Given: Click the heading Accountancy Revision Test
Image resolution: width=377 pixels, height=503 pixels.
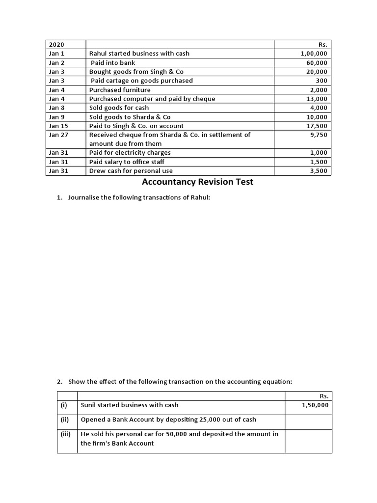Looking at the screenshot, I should click(197, 182).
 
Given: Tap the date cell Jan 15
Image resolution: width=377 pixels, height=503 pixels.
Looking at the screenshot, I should click(58, 126).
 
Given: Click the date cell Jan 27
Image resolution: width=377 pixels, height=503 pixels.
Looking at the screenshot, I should click(58, 135).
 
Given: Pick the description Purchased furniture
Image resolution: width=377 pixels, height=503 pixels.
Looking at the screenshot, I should click(120, 90).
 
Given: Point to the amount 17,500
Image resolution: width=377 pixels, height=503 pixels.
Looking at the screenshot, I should click(317, 126).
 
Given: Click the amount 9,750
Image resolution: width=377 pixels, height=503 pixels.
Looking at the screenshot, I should click(319, 135).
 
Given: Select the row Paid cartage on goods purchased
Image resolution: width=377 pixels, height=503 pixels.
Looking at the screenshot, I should click(141, 81).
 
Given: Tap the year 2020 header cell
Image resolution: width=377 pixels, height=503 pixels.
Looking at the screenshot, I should click(57, 45).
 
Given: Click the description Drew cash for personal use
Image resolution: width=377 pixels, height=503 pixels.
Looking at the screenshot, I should click(131, 171).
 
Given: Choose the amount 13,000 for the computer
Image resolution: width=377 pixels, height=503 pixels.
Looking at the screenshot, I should click(317, 99).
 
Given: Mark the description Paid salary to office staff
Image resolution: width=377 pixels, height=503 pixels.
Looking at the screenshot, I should click(127, 162).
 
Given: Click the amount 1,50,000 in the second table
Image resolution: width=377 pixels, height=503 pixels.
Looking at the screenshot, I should click(315, 405).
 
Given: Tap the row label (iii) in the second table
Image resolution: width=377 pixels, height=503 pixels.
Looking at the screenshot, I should click(66, 434).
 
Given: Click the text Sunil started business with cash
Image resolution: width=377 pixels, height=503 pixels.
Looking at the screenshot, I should click(130, 405).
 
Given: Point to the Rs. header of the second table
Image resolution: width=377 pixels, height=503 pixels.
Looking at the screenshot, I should click(323, 396).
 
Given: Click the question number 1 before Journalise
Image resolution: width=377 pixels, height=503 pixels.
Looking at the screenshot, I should click(59, 198).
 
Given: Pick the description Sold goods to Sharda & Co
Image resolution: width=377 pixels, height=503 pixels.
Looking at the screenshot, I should click(130, 117).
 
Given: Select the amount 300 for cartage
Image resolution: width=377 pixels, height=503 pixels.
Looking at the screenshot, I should click(322, 81).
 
